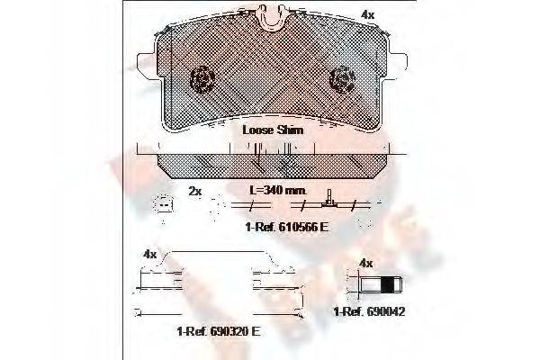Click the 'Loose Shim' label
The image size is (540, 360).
click(x=273, y=130)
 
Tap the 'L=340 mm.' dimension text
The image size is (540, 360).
click(x=278, y=192)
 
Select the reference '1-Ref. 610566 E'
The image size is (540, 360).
click(x=286, y=227)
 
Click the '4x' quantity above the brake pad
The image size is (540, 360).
click(x=367, y=14)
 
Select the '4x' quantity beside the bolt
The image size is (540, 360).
click(x=365, y=263)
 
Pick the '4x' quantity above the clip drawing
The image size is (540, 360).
click(x=149, y=255)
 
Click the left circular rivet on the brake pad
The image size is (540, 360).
click(x=201, y=80)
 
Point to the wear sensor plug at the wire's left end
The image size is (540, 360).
click(x=163, y=206)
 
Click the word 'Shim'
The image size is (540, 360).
click(x=290, y=130)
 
